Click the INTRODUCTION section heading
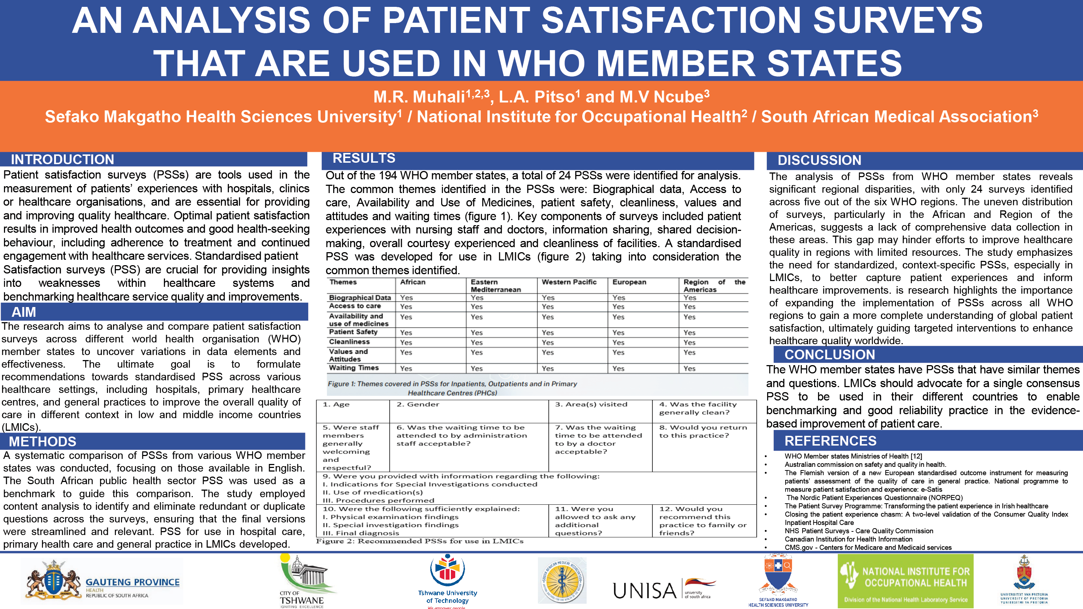[x=62, y=159]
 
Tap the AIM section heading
[x=23, y=312]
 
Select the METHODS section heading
[x=43, y=441]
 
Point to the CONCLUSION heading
[x=830, y=355]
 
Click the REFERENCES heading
[x=830, y=441]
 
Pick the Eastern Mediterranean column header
[x=496, y=286]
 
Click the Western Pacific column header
[x=569, y=282]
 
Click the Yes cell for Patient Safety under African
[x=406, y=332]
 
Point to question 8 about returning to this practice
[x=703, y=431]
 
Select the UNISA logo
[x=665, y=588]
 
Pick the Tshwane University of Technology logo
[x=447, y=581]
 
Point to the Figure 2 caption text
[x=419, y=541]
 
